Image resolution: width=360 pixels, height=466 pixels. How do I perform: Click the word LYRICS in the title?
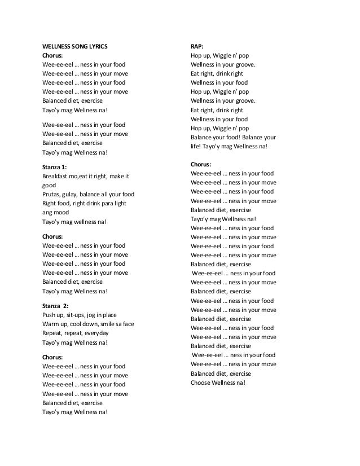tap(96, 46)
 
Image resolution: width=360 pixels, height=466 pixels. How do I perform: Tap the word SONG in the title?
tap(78, 46)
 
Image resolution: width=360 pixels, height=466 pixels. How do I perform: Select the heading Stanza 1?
tap(55, 167)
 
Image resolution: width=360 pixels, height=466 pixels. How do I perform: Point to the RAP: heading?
tap(197, 46)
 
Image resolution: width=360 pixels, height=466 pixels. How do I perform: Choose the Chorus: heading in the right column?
tap(203, 164)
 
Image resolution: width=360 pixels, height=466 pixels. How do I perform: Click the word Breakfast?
tap(55, 176)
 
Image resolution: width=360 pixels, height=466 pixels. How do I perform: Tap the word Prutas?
tap(52, 195)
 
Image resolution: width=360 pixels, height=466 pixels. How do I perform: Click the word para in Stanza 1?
tap(108, 204)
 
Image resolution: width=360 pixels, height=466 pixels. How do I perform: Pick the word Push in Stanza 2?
tap(49, 315)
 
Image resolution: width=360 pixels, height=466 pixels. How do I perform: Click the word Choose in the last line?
tap(201, 383)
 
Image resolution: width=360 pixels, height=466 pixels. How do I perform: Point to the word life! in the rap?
tap(197, 146)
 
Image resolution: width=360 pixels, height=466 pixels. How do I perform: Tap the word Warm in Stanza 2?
tap(51, 324)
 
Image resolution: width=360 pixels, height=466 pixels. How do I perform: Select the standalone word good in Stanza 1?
tap(50, 185)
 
